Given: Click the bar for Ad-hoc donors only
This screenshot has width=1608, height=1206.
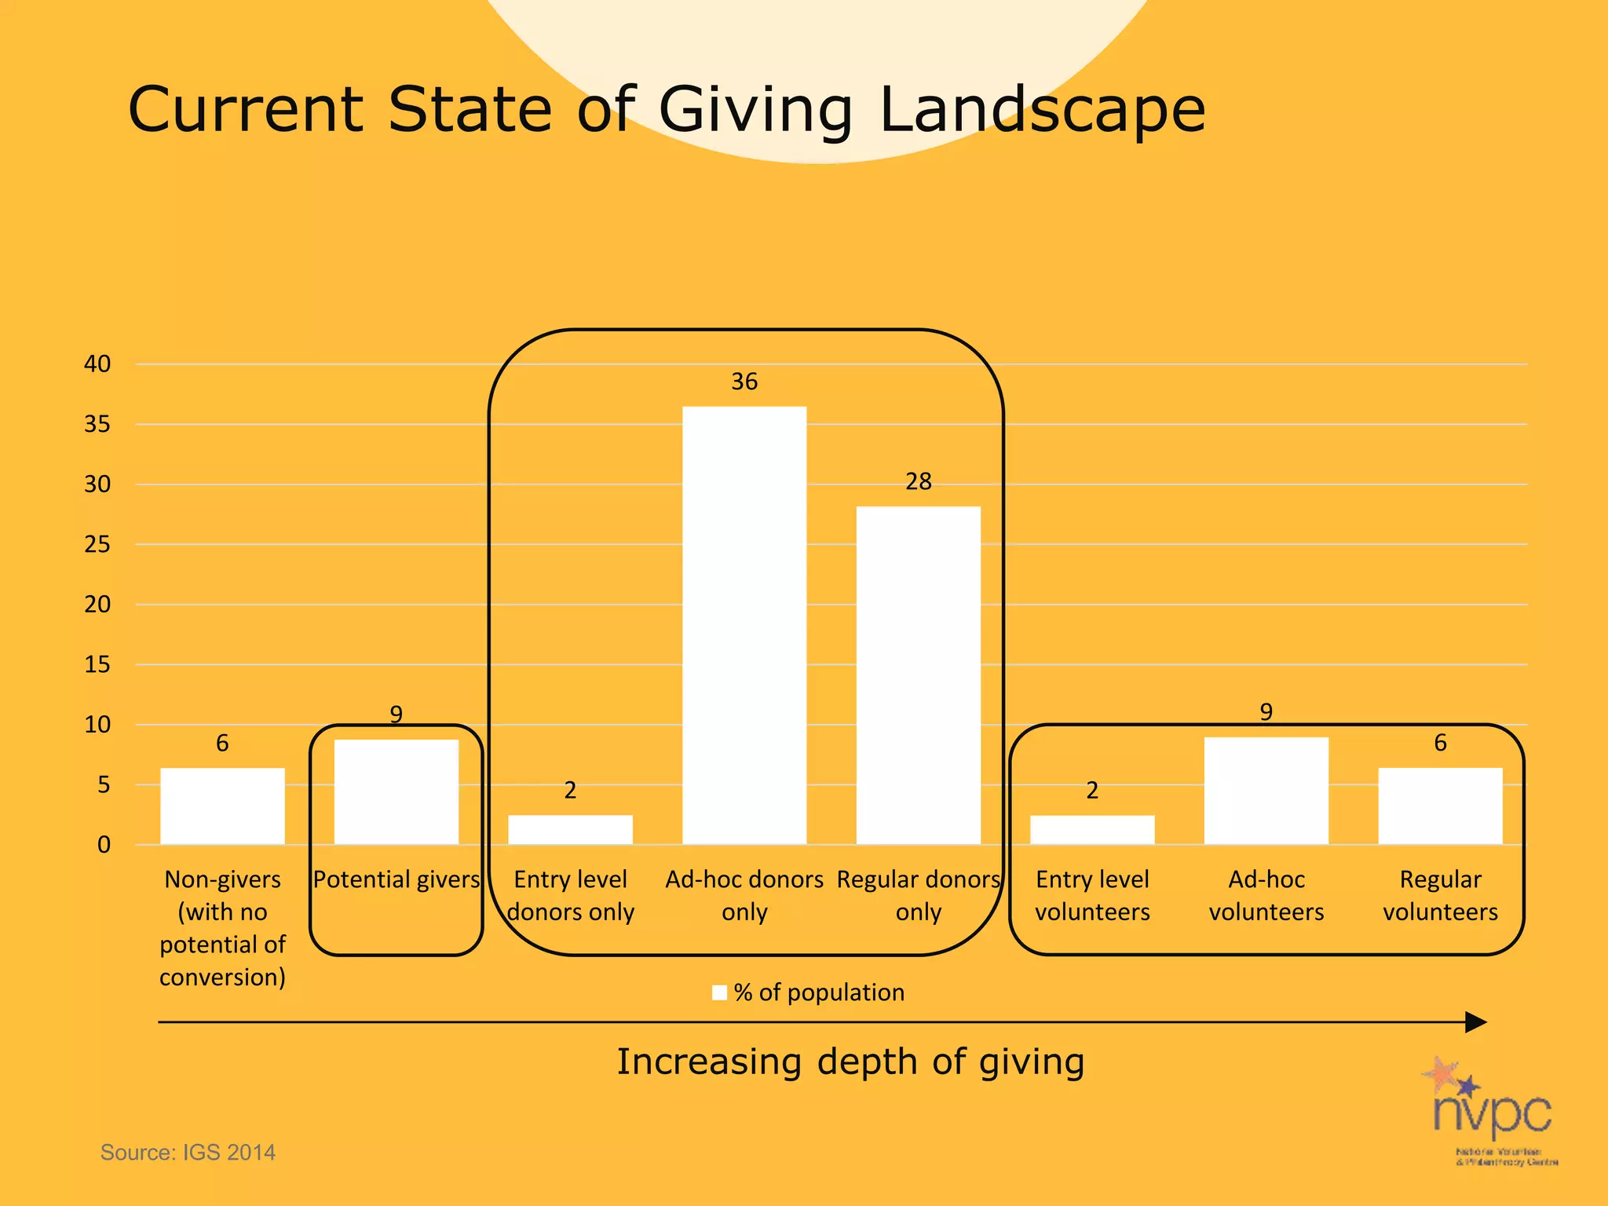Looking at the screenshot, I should pyautogui.click(x=744, y=625).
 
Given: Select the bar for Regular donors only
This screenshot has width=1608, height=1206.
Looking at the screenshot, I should pyautogui.click(x=918, y=675).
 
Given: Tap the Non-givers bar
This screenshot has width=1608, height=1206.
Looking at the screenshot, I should pyautogui.click(x=222, y=806).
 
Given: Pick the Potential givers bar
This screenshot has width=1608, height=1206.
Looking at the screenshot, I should pyautogui.click(x=397, y=791).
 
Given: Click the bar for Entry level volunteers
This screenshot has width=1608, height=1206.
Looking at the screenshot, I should pyautogui.click(x=1092, y=830).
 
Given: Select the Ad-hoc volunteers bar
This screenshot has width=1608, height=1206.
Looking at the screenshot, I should pyautogui.click(x=1266, y=791).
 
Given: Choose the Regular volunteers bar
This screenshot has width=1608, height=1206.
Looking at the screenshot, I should pyautogui.click(x=1440, y=806).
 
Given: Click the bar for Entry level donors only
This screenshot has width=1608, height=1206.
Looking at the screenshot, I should pyautogui.click(x=570, y=830).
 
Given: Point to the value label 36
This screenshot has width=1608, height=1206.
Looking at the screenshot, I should pyautogui.click(x=744, y=382).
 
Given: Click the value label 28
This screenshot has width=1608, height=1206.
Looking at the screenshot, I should pyautogui.click(x=918, y=481).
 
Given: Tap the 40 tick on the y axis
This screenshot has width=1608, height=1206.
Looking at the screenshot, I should pyautogui.click(x=97, y=364).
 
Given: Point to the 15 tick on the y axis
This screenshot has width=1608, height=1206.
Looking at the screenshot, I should pyautogui.click(x=97, y=665).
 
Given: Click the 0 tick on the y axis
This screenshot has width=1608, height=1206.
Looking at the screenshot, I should pyautogui.click(x=104, y=846).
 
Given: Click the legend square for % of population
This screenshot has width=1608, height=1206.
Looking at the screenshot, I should pyautogui.click(x=719, y=992).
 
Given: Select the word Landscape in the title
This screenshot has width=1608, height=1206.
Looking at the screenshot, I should pyautogui.click(x=1041, y=110).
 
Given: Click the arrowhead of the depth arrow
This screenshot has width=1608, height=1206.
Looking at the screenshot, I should pyautogui.click(x=1475, y=1022).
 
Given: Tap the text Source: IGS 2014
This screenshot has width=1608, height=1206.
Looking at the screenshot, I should pyautogui.click(x=188, y=1153).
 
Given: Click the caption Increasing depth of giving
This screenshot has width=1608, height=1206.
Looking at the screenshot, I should pyautogui.click(x=850, y=1062).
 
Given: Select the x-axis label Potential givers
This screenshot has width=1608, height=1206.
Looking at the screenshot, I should pyautogui.click(x=397, y=879).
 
